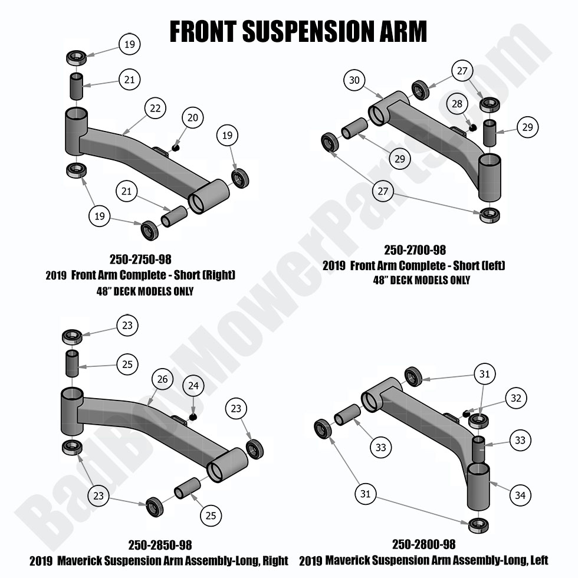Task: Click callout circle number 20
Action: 192,118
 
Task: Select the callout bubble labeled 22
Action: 155,109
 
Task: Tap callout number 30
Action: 354,80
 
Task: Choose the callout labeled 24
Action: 194,387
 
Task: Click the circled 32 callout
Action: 516,398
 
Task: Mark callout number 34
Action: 520,495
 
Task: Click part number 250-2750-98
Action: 140,259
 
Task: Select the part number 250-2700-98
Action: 415,249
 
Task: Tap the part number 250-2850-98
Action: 160,545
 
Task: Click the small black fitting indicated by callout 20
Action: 175,147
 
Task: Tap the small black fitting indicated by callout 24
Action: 192,417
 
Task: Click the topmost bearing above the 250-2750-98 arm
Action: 76,58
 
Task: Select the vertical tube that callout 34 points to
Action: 478,486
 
